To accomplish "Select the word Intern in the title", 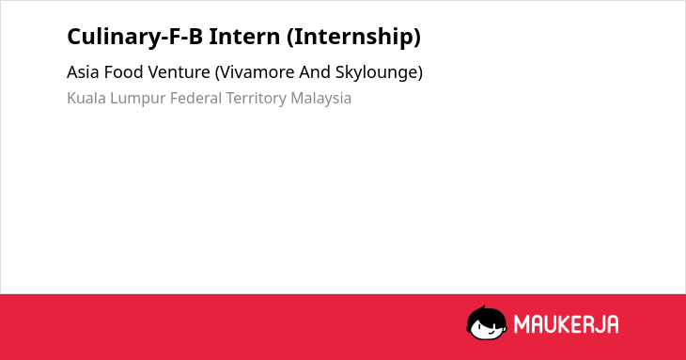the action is tap(244, 36).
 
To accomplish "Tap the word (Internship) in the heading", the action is tap(354, 37).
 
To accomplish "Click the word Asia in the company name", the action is tap(83, 72).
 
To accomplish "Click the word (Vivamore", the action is tap(255, 72).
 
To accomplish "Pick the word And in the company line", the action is tap(315, 72).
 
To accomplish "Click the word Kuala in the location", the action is tap(86, 98).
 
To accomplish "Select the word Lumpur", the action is tap(138, 99).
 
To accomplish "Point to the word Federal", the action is tap(196, 98).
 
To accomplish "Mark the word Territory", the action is tap(257, 99).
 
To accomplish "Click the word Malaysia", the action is tap(321, 99).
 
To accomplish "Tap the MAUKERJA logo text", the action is tap(566, 324).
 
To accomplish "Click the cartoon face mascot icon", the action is tap(487, 322).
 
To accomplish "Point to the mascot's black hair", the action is tap(486, 315).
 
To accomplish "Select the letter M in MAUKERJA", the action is tap(521, 324).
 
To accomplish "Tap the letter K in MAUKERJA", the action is tap(557, 324).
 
